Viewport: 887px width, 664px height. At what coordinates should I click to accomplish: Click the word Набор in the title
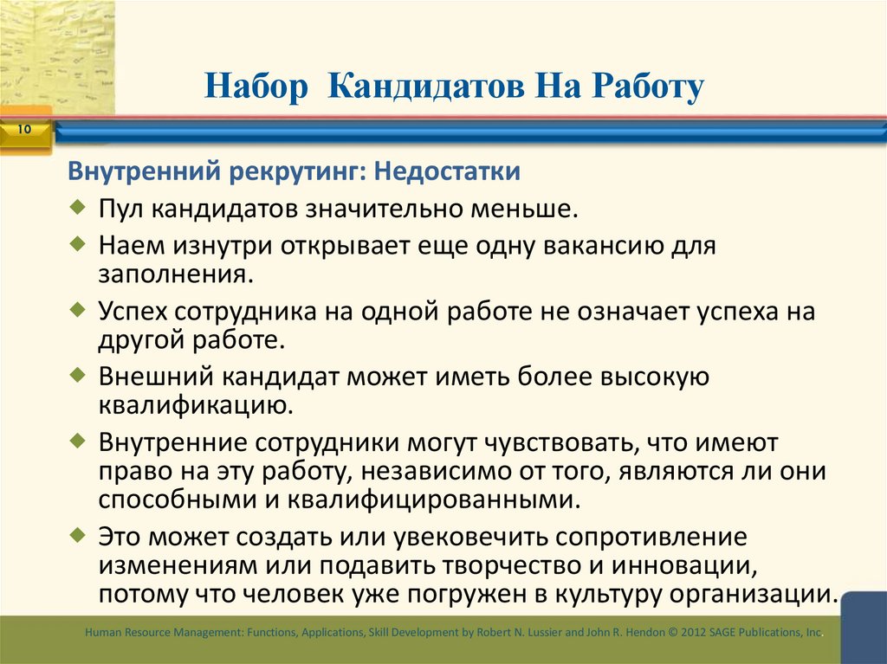coord(256,88)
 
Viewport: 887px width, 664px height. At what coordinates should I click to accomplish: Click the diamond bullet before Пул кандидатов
coord(78,208)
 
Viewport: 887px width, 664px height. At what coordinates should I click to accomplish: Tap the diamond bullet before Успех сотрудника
coord(78,309)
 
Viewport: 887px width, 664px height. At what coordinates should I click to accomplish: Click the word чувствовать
coord(552,442)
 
